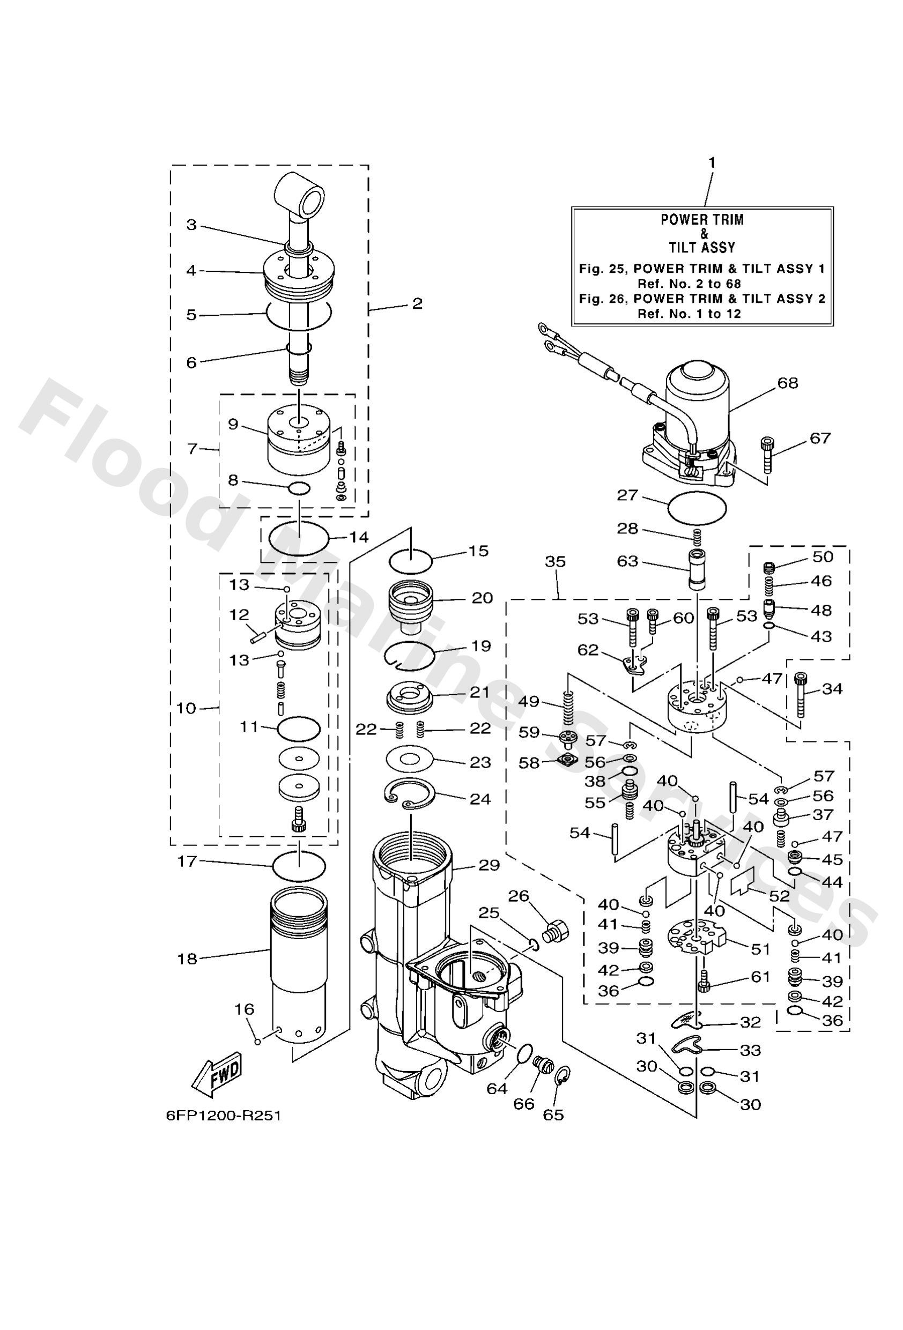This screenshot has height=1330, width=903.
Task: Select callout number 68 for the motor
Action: pyautogui.click(x=788, y=383)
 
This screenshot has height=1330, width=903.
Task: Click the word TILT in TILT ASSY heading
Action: pyautogui.click(x=684, y=248)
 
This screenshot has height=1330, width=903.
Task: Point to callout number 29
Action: pyautogui.click(x=489, y=865)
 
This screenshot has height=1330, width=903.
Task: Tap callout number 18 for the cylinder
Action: pyautogui.click(x=187, y=959)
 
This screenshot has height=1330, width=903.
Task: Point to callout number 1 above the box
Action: pyautogui.click(x=712, y=163)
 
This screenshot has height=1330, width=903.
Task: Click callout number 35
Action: pyautogui.click(x=555, y=562)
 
